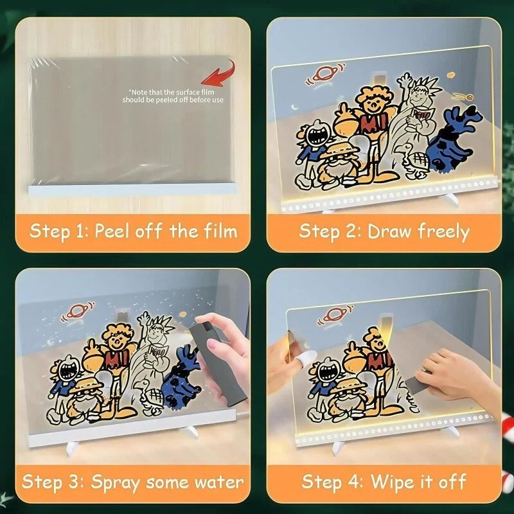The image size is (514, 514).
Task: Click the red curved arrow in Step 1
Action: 223,75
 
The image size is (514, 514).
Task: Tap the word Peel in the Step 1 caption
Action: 111,231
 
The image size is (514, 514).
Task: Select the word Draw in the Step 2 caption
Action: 389,231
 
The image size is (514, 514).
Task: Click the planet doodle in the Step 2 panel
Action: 324,74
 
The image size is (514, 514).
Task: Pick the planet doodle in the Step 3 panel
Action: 77,311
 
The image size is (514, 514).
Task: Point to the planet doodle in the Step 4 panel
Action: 334,314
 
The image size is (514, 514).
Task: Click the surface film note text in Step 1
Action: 173,96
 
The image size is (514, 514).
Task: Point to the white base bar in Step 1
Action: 132,190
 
